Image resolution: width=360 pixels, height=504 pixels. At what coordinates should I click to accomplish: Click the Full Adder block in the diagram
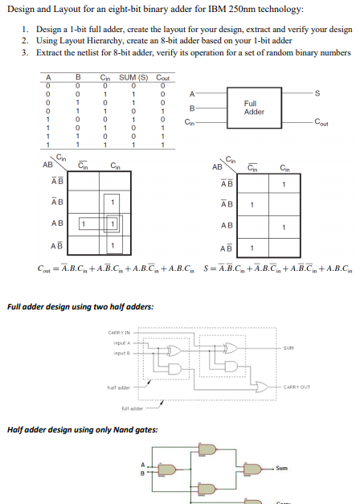pyautogui.click(x=254, y=107)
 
